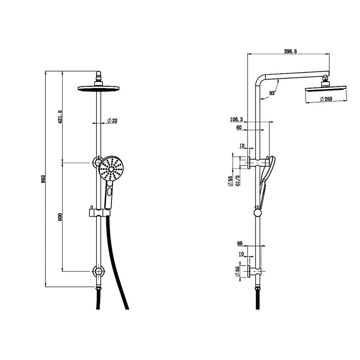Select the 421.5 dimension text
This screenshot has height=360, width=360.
60,117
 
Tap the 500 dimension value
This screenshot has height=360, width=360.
60,217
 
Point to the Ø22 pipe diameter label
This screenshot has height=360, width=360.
112,121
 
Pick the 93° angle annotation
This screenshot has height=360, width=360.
272,93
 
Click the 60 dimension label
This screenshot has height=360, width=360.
239,127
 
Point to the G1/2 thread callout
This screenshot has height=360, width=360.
238,180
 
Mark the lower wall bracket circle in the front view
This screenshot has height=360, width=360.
99,271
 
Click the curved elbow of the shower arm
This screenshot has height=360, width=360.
260,80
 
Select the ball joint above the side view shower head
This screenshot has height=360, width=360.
325,78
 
